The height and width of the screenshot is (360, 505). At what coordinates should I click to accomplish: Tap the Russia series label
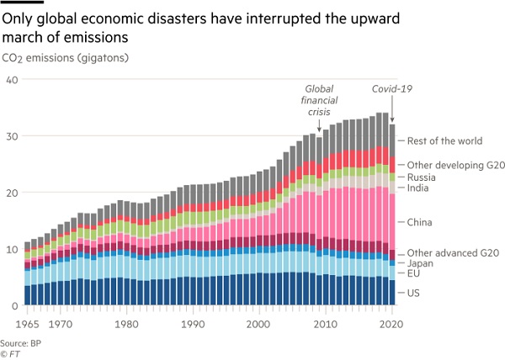click(x=421, y=177)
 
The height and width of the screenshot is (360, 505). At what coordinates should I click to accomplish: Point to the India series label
click(x=418, y=189)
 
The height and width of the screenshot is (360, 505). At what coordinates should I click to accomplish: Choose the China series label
click(x=420, y=223)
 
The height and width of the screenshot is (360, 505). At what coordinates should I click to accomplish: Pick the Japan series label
click(x=421, y=262)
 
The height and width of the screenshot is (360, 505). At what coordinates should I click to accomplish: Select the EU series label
click(x=414, y=274)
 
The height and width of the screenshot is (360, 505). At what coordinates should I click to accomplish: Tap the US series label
click(x=414, y=292)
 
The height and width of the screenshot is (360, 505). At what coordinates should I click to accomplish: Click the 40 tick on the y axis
click(x=12, y=80)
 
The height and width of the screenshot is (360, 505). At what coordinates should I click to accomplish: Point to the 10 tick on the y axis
click(x=12, y=250)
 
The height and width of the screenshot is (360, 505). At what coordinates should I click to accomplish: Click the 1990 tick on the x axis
click(x=194, y=321)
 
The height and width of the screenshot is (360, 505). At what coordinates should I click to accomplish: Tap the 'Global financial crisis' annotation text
click(x=320, y=98)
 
